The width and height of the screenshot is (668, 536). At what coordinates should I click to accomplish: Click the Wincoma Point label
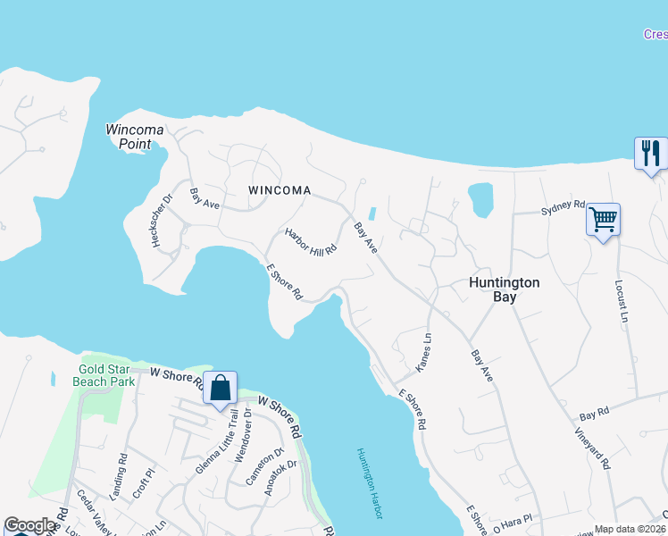point(135,136)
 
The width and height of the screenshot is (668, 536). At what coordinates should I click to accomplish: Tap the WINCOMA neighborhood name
point(280,190)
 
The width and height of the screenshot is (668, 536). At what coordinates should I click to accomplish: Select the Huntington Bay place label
point(505,289)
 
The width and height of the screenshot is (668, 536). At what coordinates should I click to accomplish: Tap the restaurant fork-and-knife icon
point(650,153)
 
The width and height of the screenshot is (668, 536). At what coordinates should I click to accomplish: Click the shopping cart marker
point(604,218)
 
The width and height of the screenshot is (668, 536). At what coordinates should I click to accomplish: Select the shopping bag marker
point(220,389)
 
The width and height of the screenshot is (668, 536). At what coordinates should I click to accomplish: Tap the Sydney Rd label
point(563,210)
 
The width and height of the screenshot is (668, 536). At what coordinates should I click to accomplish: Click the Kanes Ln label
point(423,353)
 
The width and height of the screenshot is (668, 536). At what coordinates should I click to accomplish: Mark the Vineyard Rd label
point(592,448)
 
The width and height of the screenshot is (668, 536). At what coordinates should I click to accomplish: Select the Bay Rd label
point(594,416)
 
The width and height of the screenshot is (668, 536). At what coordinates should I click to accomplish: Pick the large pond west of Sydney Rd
point(480,199)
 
